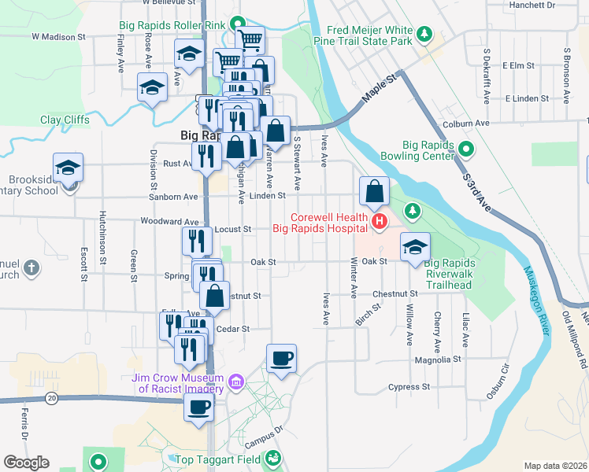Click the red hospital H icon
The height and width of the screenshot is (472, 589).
380,223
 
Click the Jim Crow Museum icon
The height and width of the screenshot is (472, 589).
235,382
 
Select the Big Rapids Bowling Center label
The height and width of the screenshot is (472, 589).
429,149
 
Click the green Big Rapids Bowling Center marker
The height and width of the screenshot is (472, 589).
466,148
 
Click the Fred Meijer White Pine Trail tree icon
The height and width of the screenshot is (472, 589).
425,34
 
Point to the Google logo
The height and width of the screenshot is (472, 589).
26,462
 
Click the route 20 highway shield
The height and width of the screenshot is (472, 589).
52,397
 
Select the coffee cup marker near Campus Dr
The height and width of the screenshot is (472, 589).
281,359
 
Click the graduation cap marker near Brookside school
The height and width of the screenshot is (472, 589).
69,168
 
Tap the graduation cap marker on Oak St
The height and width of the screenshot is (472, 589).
415,247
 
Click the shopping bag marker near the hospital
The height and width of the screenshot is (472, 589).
375,191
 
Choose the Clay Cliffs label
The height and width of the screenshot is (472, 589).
65,120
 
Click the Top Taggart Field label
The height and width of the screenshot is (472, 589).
224,459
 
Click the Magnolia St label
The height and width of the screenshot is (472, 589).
437,360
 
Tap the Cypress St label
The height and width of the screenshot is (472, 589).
409,387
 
